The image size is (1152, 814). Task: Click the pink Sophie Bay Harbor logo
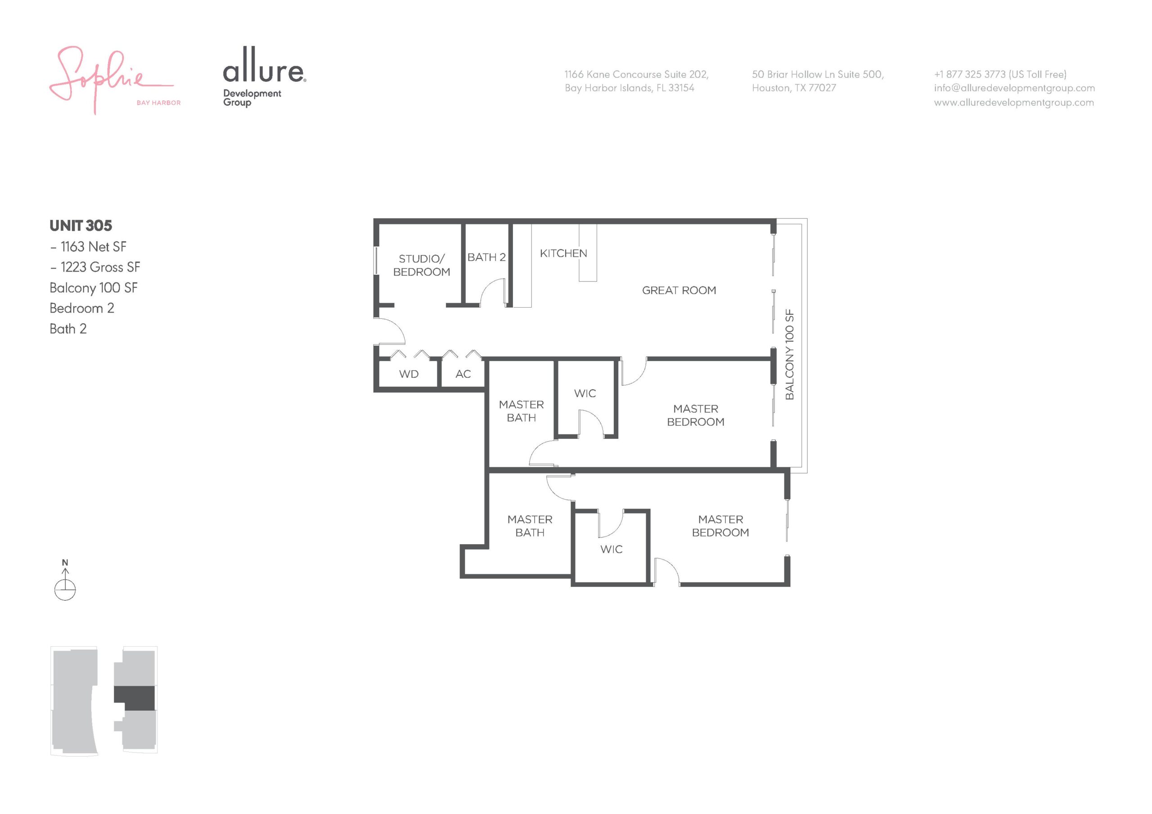point(114,80)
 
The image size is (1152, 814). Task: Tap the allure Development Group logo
point(265,77)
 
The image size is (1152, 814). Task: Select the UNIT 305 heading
point(81,226)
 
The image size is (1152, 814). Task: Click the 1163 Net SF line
point(88,247)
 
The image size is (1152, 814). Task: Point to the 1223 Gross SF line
point(95,267)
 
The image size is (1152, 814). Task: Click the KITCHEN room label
point(563,253)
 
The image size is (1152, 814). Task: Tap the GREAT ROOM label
point(679,291)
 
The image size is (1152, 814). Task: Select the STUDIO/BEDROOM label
point(422,265)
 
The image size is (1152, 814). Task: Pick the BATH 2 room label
point(486,257)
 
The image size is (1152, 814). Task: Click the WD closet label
point(409,374)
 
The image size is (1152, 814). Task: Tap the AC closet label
point(463,374)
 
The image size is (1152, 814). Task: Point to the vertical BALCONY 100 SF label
point(790,354)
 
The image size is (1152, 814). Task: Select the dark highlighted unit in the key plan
point(135,698)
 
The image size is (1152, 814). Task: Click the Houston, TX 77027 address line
point(794,88)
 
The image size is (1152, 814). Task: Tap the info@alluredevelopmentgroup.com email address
point(1014,88)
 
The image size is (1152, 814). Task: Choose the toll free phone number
point(1000,74)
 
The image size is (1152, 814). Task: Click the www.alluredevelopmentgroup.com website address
point(1013,103)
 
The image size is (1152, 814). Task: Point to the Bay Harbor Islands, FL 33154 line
point(629,88)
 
